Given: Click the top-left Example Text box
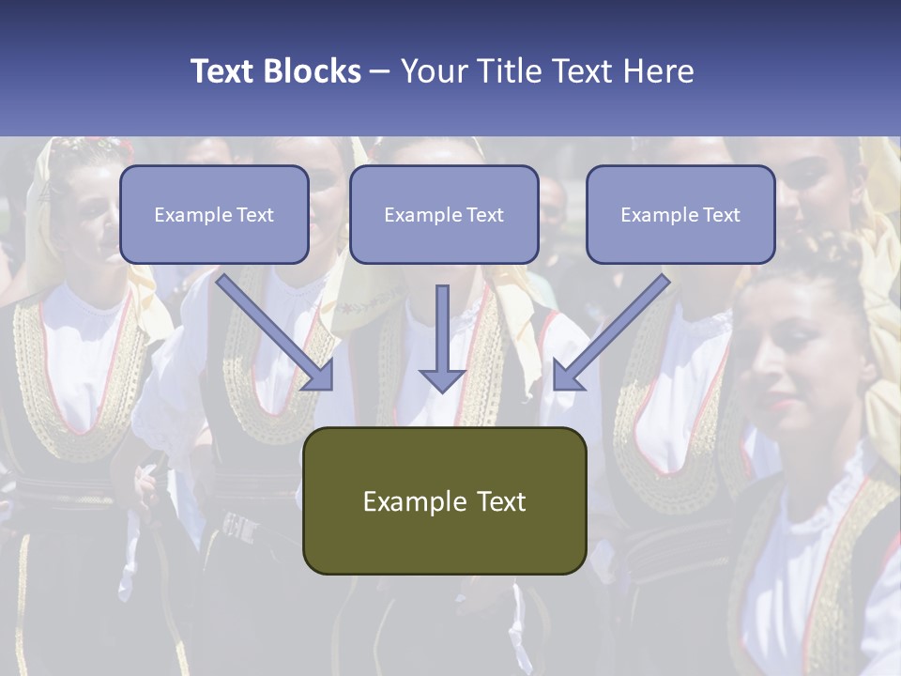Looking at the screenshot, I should coord(214,215).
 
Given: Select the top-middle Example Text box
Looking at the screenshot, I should coord(444,215).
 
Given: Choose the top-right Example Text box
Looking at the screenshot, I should coord(680,215).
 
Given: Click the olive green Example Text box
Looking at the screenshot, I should coord(444,500).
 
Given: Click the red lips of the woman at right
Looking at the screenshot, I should coord(782,405).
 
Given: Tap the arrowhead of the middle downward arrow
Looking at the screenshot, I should coord(442,379).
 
